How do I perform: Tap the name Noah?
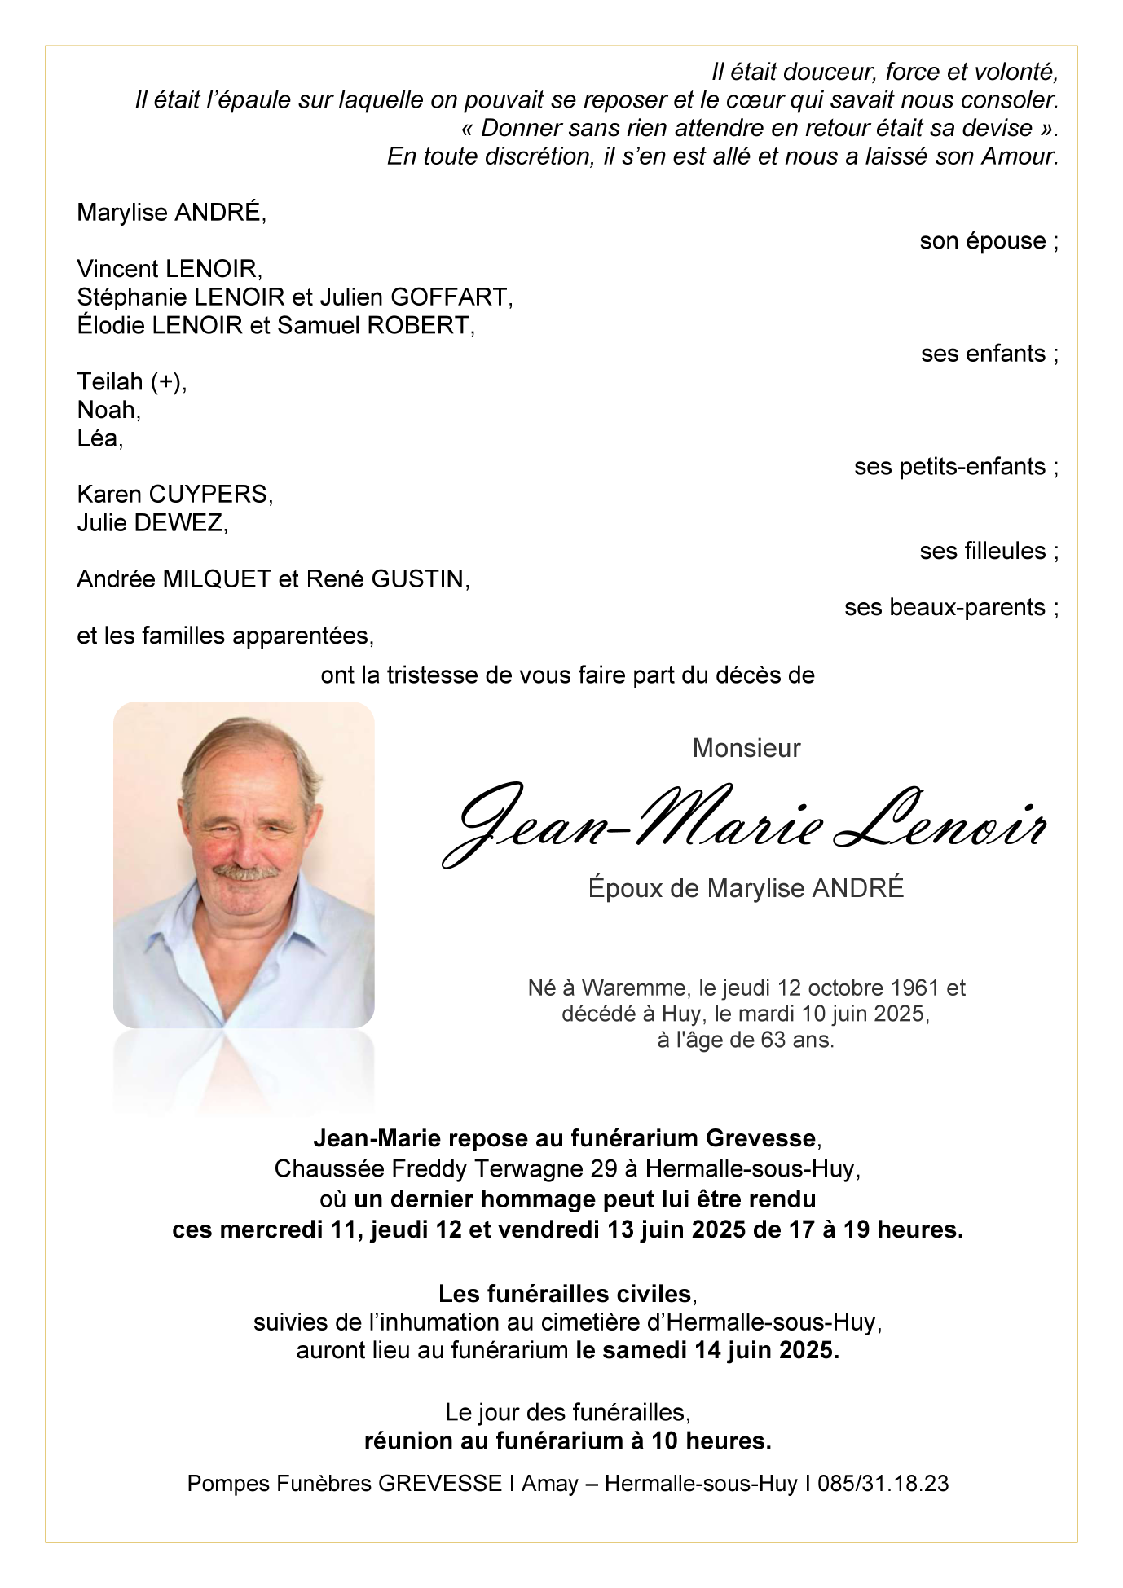[x=107, y=410]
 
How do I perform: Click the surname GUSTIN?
[x=417, y=579]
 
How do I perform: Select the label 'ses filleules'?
[x=982, y=552]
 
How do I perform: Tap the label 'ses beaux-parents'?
[x=944, y=608]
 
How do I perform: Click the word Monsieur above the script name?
[x=746, y=748]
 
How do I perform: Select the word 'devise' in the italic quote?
[x=997, y=129]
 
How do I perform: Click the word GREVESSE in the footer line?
[x=440, y=1484]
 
